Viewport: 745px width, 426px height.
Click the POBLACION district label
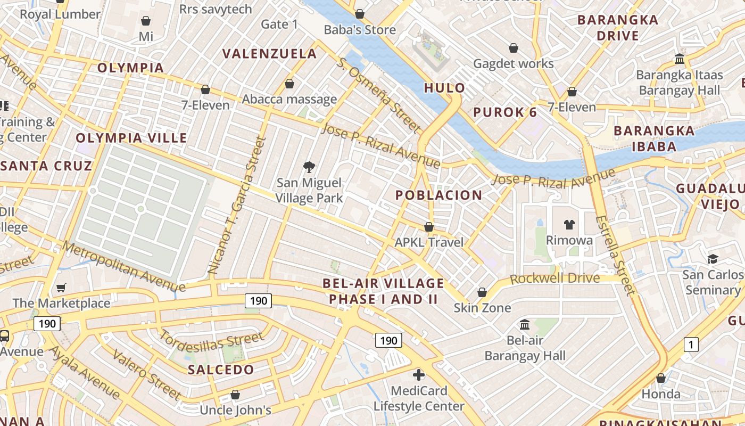click(x=438, y=195)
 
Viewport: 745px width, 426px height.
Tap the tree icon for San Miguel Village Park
click(x=309, y=168)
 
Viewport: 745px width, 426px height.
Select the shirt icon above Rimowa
click(x=569, y=224)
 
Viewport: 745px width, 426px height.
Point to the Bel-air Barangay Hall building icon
click(x=525, y=324)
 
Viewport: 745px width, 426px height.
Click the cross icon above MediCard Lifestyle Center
click(x=419, y=375)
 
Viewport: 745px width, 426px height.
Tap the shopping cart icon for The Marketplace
click(x=61, y=288)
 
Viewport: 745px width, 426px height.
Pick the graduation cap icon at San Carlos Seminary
click(x=712, y=259)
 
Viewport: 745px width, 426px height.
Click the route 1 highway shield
click(x=691, y=345)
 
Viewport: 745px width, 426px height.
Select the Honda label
click(x=661, y=394)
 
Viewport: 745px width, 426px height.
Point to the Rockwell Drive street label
click(x=554, y=278)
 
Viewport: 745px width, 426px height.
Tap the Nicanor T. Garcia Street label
click(x=237, y=206)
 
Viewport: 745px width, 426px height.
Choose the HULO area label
click(x=444, y=88)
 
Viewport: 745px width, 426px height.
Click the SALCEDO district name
click(x=221, y=370)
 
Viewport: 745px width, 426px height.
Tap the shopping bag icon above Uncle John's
click(x=235, y=395)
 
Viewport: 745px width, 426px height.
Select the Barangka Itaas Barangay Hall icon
click(x=679, y=59)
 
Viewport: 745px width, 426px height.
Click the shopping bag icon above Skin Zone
click(x=482, y=292)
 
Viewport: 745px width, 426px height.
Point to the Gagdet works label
click(x=513, y=64)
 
